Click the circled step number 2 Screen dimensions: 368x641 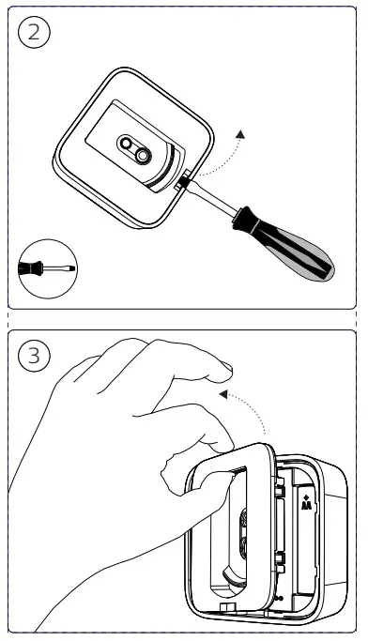(34, 32)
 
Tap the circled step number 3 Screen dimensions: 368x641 (34, 356)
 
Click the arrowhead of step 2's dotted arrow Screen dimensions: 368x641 (241, 134)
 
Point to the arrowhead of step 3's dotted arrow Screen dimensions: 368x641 (223, 394)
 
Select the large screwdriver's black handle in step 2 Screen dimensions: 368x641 (286, 244)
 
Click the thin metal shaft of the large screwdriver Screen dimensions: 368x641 (212, 197)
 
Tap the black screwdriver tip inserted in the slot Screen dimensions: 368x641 (183, 180)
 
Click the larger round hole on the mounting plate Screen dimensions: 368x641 (143, 155)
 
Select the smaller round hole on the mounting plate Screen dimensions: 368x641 (127, 143)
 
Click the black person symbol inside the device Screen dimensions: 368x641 (306, 503)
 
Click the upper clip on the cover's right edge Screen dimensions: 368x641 (280, 490)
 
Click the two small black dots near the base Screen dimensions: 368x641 (279, 598)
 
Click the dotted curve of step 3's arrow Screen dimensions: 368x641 (251, 407)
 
